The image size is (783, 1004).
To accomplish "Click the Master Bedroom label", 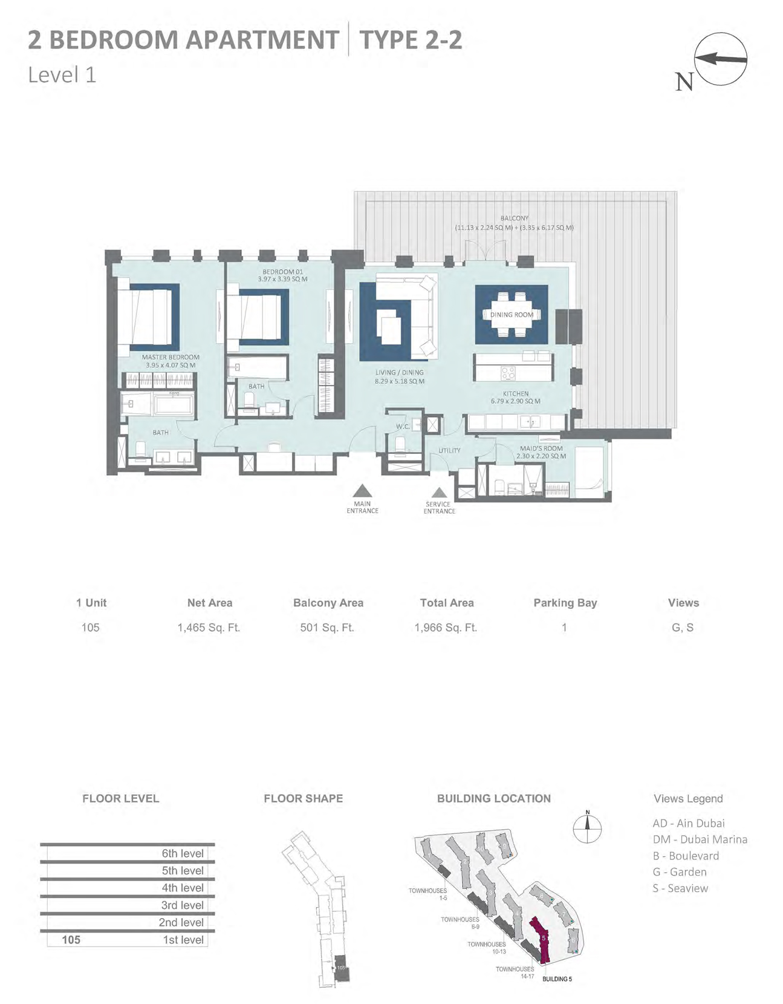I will click(x=171, y=357).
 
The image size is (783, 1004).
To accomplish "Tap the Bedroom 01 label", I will click(x=282, y=272).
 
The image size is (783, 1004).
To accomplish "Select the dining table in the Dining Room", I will click(x=512, y=315).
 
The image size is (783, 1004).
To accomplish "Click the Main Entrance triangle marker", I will click(x=362, y=491).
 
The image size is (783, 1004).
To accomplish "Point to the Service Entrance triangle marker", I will click(x=440, y=493).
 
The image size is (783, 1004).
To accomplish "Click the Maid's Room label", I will click(x=541, y=448).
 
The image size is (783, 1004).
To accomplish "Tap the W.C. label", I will click(x=403, y=427).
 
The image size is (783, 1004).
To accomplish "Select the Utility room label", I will click(x=449, y=450).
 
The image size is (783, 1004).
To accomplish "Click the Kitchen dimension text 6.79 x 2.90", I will click(x=515, y=401).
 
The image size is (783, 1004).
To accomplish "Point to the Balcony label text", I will click(x=515, y=218).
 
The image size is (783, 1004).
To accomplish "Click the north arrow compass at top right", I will click(x=720, y=59).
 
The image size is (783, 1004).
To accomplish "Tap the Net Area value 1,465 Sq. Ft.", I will click(x=209, y=628).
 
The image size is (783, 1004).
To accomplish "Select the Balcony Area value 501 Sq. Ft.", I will click(x=327, y=628).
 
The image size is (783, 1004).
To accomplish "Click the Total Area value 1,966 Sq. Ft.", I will click(x=446, y=628).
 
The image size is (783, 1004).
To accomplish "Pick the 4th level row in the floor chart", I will click(x=127, y=888).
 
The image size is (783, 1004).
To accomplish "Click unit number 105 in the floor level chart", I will click(x=71, y=940).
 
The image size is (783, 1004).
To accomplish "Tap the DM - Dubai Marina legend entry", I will click(x=700, y=839).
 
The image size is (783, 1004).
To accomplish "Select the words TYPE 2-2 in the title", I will click(x=411, y=40).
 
